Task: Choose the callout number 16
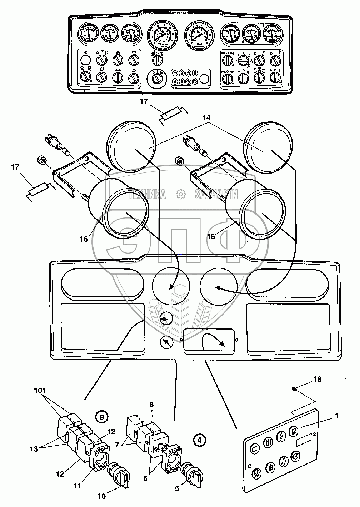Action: coord(211,236)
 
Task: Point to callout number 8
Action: coord(151,405)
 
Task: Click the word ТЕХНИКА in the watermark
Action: coord(147,194)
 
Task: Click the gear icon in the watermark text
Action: coord(181,194)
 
